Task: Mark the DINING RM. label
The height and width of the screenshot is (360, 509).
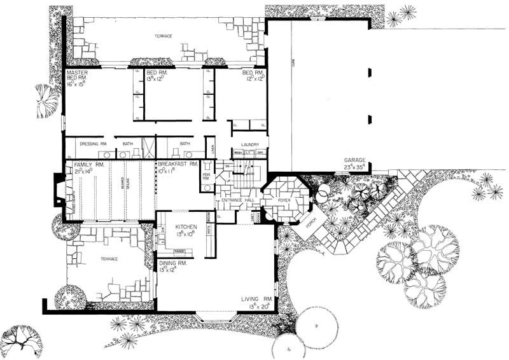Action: click(x=173, y=263)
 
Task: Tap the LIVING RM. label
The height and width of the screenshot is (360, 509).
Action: click(x=257, y=298)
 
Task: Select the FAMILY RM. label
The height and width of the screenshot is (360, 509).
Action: click(x=80, y=165)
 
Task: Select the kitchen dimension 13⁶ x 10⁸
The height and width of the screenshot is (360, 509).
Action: click(x=175, y=233)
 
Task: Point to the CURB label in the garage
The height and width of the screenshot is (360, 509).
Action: click(x=292, y=64)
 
